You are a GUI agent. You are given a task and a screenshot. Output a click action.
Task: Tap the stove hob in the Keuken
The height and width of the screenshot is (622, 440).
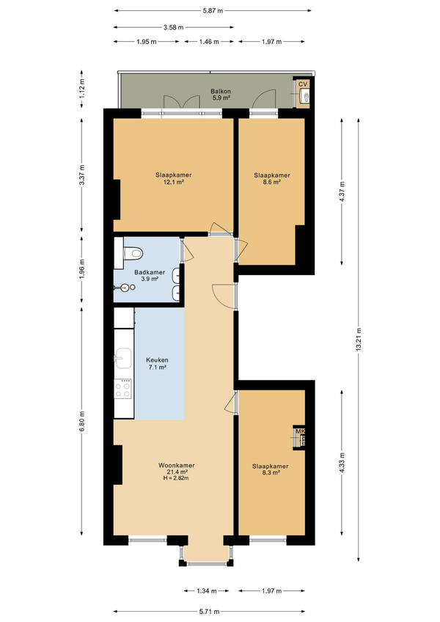click(x=122, y=388)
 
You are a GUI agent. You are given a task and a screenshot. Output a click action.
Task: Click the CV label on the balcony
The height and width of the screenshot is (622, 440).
click(x=303, y=84)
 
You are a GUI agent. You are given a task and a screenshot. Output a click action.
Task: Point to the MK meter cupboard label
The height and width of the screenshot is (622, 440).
click(x=301, y=431)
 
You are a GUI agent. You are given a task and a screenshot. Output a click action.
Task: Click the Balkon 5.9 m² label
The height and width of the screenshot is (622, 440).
click(x=221, y=95)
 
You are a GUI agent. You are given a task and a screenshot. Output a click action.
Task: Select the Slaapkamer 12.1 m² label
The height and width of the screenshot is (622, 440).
click(x=173, y=178)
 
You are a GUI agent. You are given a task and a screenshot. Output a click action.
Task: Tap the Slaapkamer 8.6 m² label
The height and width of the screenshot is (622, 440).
click(x=272, y=178)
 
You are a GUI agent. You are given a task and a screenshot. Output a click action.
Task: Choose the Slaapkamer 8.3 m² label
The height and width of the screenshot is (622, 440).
click(x=270, y=469)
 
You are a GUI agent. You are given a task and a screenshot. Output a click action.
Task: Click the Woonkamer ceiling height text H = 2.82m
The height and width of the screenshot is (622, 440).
click(x=176, y=478)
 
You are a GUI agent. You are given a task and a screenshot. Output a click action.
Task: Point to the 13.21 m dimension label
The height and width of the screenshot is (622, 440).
click(x=359, y=340)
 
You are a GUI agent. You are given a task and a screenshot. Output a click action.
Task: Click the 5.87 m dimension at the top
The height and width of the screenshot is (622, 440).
click(x=213, y=11)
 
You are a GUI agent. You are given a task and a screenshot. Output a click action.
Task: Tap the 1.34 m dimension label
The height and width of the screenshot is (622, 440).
click(x=207, y=591)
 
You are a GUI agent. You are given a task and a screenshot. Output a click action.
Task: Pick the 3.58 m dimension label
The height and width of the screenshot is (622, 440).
click(x=173, y=27)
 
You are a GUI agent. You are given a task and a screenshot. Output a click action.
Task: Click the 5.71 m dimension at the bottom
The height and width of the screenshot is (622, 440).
click(x=209, y=612)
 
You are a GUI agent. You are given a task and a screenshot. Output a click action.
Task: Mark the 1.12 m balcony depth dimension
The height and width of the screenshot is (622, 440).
click(x=81, y=89)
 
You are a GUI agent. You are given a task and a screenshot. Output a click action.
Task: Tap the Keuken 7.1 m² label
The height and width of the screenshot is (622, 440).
click(x=157, y=363)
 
